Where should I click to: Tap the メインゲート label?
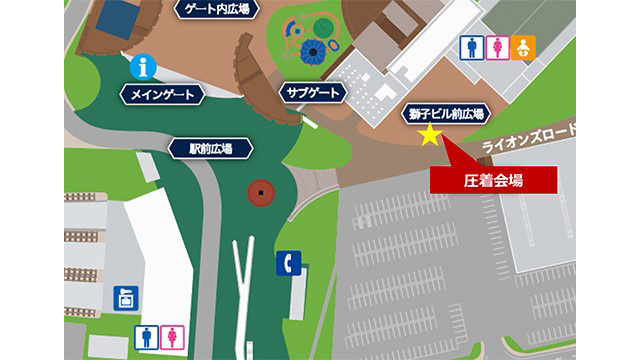tap(162, 95)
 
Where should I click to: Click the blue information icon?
tap(146, 67)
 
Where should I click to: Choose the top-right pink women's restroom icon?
tap(497, 47)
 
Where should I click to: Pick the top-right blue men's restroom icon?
tap(470, 47)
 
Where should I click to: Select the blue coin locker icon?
tap(125, 298)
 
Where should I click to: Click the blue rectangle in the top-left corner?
tap(119, 14)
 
